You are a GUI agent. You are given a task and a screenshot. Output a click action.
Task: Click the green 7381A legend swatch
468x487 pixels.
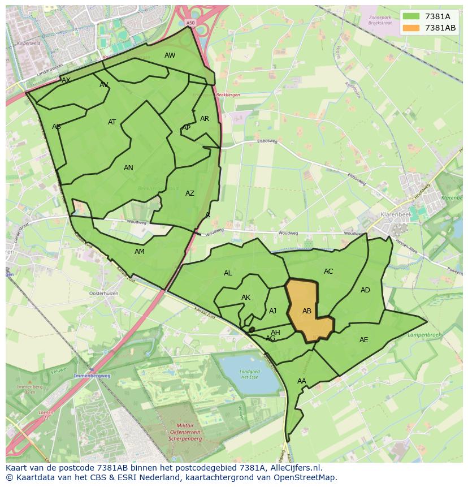pyautogui.click(x=411, y=16)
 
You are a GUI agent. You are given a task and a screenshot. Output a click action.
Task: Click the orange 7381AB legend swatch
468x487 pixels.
pyautogui.click(x=411, y=28)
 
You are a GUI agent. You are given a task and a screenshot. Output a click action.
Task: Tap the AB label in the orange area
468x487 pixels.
pyautogui.click(x=307, y=311)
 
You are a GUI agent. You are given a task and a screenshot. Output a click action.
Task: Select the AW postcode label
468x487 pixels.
pyautogui.click(x=170, y=55)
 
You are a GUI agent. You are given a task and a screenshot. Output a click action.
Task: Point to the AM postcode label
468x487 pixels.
pyautogui.click(x=140, y=252)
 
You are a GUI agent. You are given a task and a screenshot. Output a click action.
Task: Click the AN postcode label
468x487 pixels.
pyautogui.click(x=128, y=168)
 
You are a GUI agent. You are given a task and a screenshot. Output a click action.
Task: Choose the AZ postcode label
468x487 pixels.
pyautogui.click(x=190, y=193)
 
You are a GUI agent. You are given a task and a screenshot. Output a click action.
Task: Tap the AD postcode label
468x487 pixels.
pyautogui.click(x=365, y=290)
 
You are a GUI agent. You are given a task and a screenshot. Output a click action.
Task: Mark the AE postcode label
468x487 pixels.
pyautogui.click(x=363, y=340)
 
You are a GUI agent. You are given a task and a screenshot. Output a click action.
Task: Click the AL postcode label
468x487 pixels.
pyautogui.click(x=228, y=273)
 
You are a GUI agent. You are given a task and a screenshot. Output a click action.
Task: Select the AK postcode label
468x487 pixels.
pyautogui.click(x=246, y=298)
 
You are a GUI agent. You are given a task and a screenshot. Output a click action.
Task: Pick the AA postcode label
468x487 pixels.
pyautogui.click(x=302, y=381)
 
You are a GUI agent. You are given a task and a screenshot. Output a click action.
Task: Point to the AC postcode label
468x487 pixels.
pyautogui.click(x=328, y=271)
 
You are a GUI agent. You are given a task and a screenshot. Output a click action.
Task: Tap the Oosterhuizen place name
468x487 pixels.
pyautogui.click(x=103, y=294)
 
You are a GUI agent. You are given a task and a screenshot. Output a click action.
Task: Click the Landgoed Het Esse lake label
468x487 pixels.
pyautogui.click(x=249, y=374)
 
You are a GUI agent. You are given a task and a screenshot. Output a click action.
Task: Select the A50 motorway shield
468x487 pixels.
pyautogui.click(x=190, y=23)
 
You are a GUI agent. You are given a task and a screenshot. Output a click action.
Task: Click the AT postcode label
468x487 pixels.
pyautogui.click(x=112, y=122)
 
